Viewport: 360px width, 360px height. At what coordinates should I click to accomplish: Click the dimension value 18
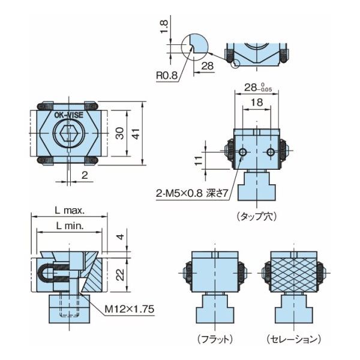(x=256, y=103)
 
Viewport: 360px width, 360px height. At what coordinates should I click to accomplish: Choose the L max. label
(x=70, y=211)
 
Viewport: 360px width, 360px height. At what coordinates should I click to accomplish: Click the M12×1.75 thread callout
(x=130, y=309)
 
